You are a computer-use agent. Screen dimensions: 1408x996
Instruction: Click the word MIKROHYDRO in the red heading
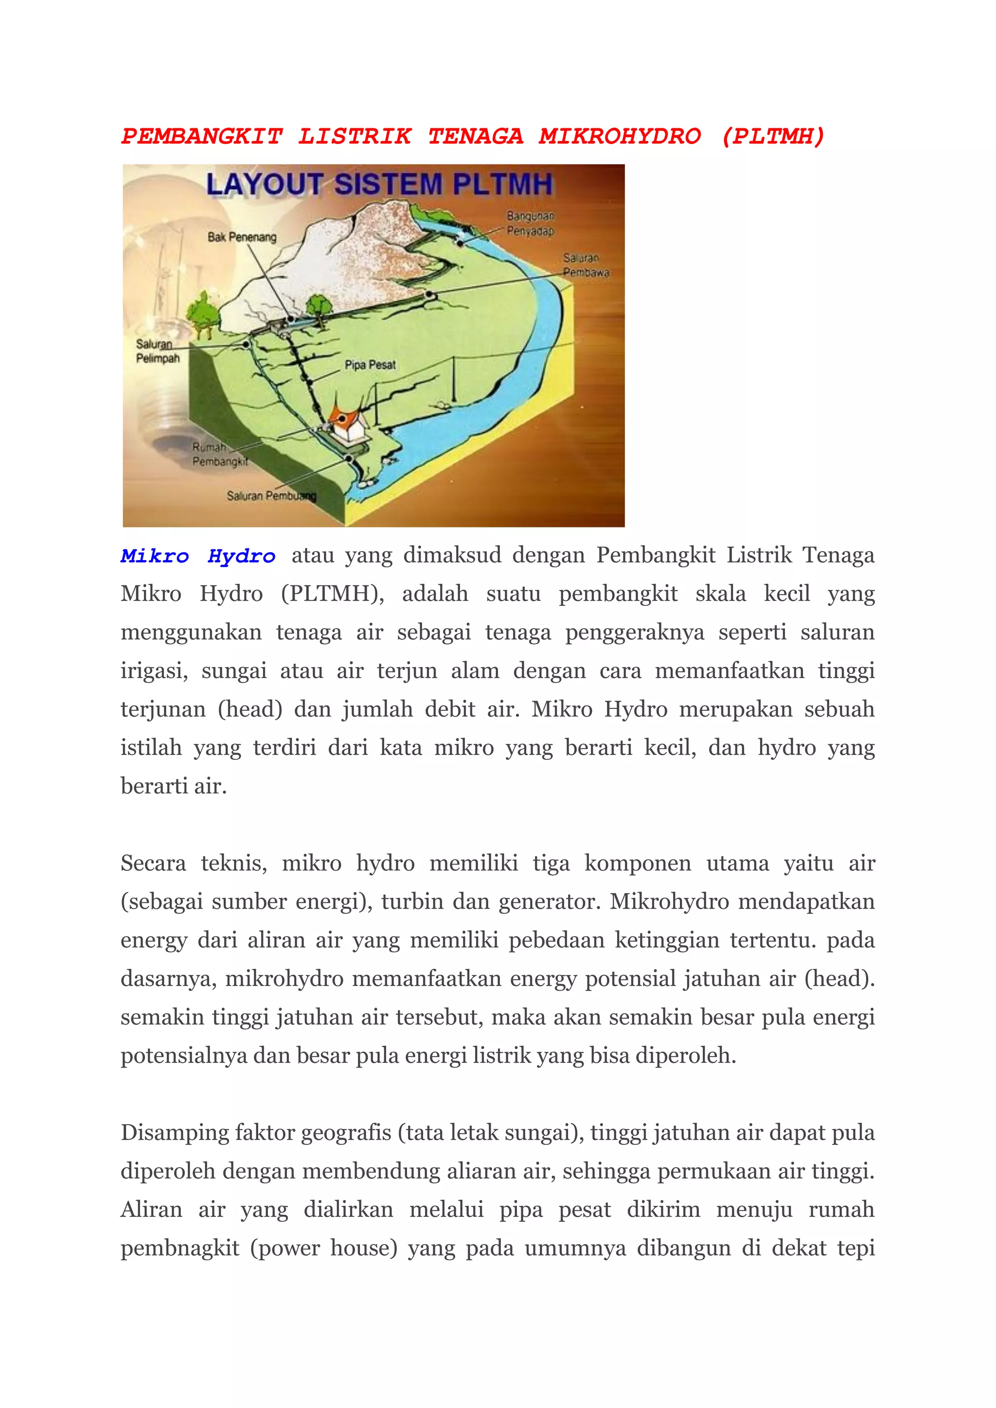(x=620, y=136)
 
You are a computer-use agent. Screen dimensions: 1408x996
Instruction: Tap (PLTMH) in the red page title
(x=773, y=136)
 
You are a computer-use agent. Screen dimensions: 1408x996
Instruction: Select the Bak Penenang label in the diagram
(x=242, y=237)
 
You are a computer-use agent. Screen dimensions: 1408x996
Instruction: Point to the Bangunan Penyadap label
(x=530, y=224)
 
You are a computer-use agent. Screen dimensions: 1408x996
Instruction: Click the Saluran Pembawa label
(x=586, y=265)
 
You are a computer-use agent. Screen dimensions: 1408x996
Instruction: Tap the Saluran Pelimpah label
(x=158, y=352)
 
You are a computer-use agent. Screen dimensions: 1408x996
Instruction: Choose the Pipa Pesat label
(x=370, y=365)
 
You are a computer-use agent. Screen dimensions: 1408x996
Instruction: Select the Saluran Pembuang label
(x=271, y=495)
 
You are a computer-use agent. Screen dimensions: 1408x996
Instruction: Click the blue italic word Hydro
(x=241, y=556)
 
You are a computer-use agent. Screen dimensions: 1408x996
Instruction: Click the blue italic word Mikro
(x=155, y=556)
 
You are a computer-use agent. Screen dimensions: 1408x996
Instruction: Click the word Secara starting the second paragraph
(x=153, y=863)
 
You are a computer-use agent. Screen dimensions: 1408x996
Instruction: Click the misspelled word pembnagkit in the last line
(x=179, y=1248)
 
